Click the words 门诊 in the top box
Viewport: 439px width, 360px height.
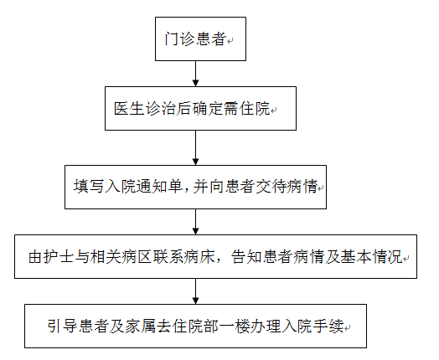(x=179, y=39)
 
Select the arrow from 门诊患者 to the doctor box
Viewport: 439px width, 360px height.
(x=196, y=74)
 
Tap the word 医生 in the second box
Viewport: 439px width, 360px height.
(x=129, y=108)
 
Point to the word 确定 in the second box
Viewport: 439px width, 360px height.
(x=207, y=108)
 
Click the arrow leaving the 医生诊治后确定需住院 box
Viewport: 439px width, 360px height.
(x=196, y=147)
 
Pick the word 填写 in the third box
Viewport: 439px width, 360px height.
(x=89, y=187)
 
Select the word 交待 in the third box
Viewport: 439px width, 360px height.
(x=269, y=187)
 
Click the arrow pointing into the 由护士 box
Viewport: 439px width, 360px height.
(x=196, y=222)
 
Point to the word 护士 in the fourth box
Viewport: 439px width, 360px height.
(x=59, y=256)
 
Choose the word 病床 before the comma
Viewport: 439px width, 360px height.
(x=199, y=256)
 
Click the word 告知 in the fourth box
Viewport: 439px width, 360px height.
(x=246, y=256)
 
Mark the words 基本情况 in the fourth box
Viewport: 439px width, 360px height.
(x=371, y=256)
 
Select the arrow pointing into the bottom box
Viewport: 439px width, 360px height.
(x=196, y=291)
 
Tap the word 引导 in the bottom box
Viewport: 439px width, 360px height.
(x=62, y=326)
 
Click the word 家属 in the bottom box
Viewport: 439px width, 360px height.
(x=140, y=326)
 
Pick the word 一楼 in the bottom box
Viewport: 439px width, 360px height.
(x=234, y=326)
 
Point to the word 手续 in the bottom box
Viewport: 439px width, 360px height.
(x=328, y=326)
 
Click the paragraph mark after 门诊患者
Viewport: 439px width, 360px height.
(x=230, y=41)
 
